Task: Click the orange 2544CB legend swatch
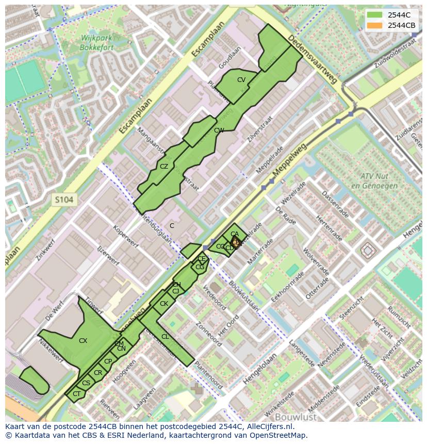click(x=375, y=25)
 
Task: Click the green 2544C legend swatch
click(x=375, y=15)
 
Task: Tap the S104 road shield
click(x=65, y=199)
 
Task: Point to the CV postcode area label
click(x=241, y=80)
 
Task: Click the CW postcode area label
click(x=219, y=130)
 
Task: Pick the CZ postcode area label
click(x=164, y=167)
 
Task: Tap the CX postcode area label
click(x=83, y=340)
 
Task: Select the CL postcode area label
click(x=165, y=337)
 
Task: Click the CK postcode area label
click(x=164, y=304)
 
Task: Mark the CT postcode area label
click(x=76, y=394)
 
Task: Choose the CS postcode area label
click(x=86, y=383)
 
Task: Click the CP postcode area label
click(x=108, y=361)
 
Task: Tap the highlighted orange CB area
click(x=236, y=242)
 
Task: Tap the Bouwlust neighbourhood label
click(x=295, y=416)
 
